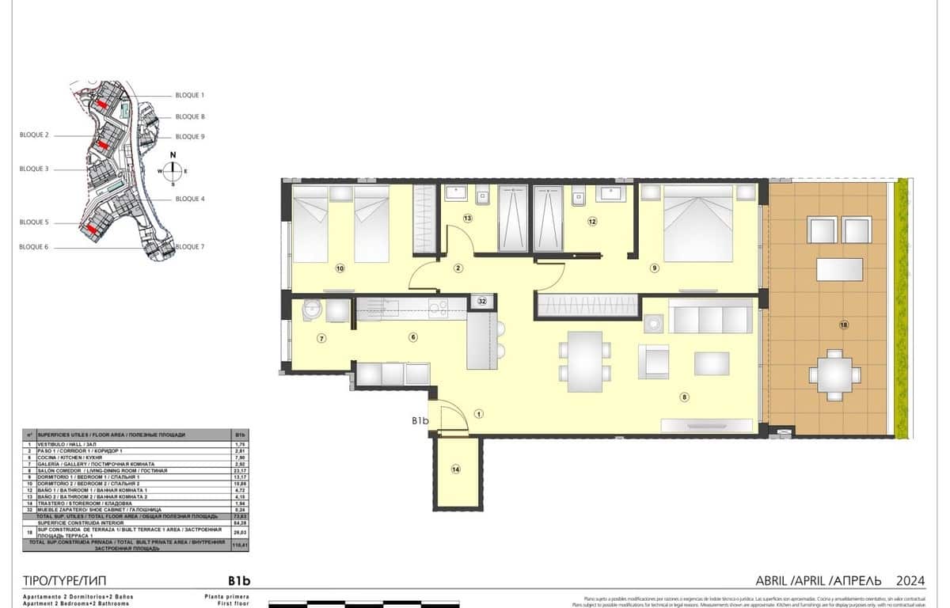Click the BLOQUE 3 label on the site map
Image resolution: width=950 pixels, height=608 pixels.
(x=34, y=169)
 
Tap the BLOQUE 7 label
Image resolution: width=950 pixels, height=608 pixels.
(x=190, y=247)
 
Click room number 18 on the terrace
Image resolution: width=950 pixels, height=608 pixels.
(x=844, y=325)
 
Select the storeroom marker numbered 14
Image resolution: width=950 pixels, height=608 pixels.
(x=455, y=470)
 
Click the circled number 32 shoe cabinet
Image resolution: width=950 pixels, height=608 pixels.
(x=482, y=301)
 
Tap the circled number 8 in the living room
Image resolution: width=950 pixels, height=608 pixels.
(x=684, y=397)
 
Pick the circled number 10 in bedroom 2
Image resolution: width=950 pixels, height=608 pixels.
(x=340, y=268)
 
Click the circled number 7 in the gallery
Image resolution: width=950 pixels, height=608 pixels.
(x=321, y=339)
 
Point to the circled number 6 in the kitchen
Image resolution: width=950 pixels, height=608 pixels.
(x=412, y=337)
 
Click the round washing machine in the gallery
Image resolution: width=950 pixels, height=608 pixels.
(x=310, y=310)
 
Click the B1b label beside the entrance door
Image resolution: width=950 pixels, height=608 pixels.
(x=420, y=421)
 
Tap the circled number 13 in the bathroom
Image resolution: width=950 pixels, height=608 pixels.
(x=468, y=218)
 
